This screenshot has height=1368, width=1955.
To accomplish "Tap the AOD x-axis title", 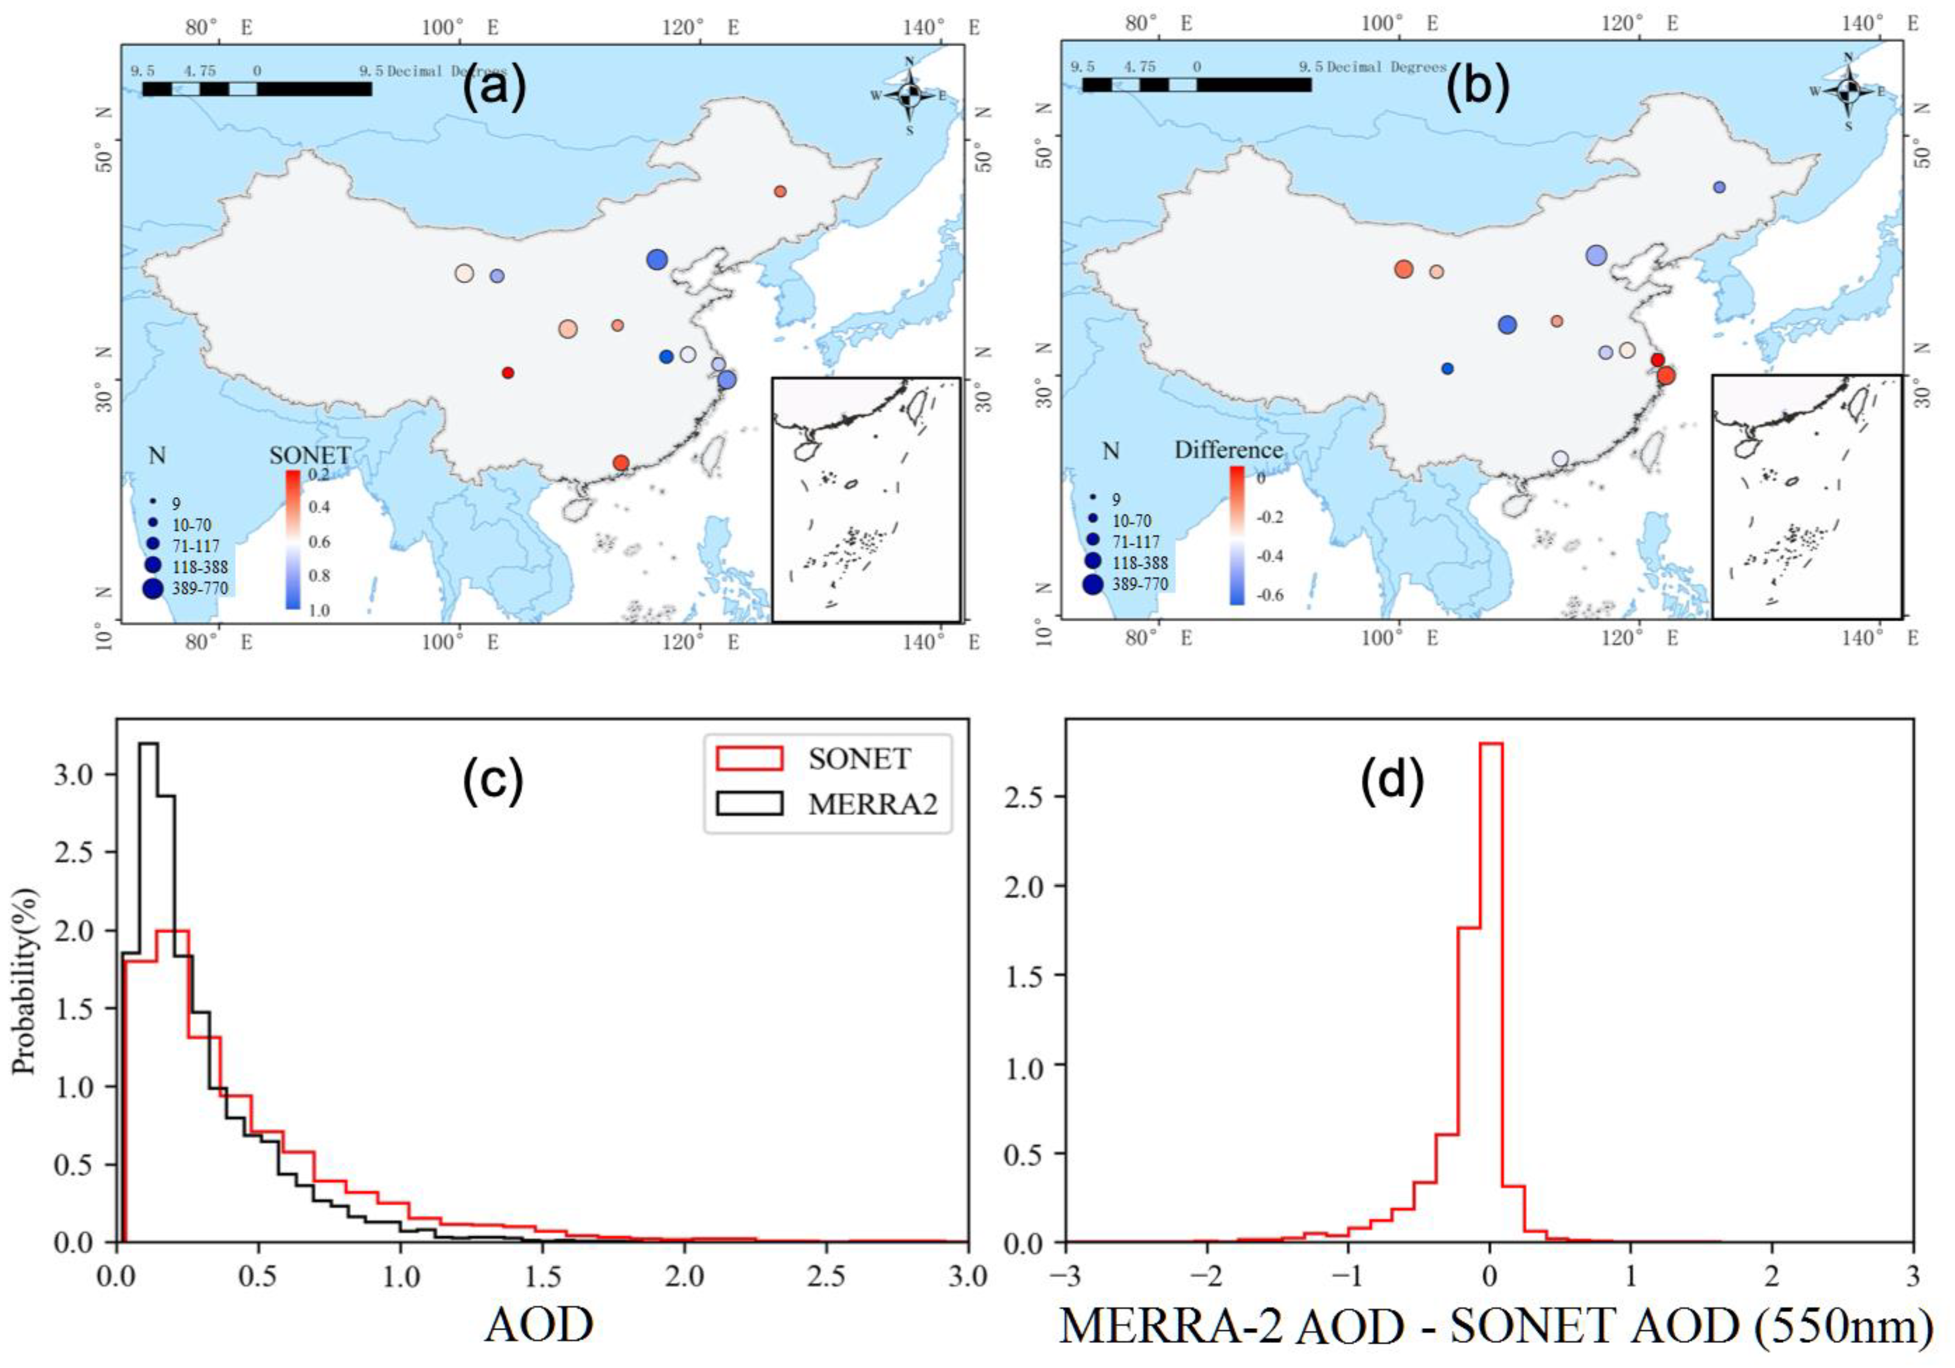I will click(x=539, y=1324).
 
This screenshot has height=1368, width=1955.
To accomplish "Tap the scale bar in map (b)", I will click(x=1196, y=84).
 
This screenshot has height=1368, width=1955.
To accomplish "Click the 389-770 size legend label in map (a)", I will click(x=198, y=588).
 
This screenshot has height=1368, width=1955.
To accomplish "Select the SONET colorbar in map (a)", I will click(x=292, y=539).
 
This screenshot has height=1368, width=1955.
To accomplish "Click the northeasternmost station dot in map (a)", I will click(x=780, y=191).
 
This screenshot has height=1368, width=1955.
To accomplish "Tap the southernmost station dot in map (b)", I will click(x=1560, y=458).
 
